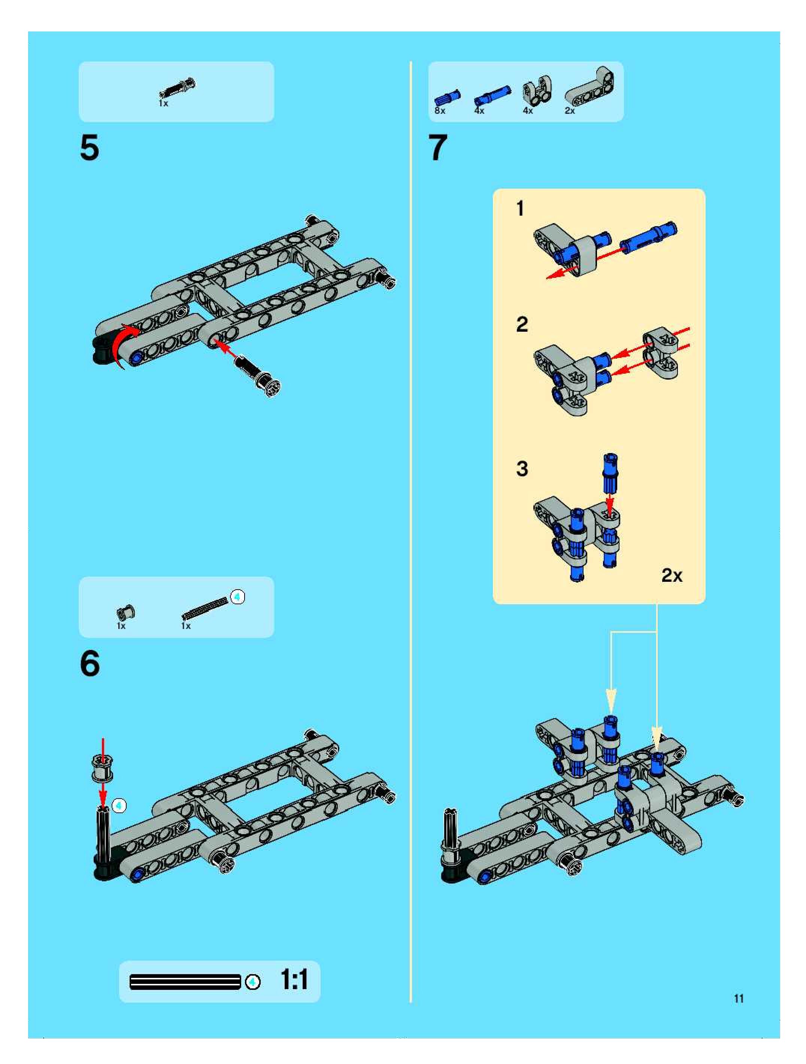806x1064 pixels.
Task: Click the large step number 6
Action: [90, 663]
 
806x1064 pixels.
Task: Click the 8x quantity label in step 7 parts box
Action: [440, 111]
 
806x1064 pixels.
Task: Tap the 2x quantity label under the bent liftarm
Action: [570, 111]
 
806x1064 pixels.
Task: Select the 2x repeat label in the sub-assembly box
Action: [672, 575]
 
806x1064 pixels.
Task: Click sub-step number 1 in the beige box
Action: [520, 209]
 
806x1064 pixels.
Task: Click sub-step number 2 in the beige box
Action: [522, 324]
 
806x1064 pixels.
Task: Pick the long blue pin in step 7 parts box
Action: [492, 95]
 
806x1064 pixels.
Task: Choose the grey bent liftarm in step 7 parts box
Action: [590, 86]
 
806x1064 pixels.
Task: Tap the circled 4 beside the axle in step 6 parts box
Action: [237, 597]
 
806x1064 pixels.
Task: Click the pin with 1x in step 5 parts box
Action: [177, 88]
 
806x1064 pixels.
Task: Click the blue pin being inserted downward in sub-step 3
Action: [610, 474]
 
